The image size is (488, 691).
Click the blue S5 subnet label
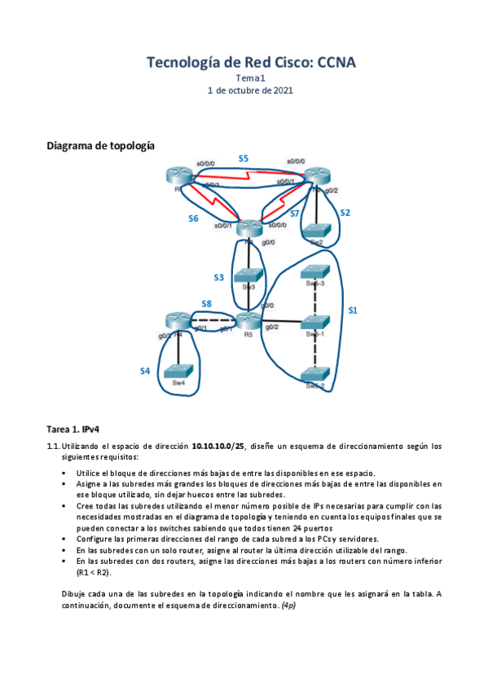[x=243, y=158]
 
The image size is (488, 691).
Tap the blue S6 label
[x=193, y=218]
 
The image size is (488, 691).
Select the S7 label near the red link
[x=295, y=213]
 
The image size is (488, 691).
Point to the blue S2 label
[x=345, y=213]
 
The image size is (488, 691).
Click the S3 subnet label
[x=219, y=278]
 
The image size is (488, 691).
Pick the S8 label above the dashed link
[x=207, y=304]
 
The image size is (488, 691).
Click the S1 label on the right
[x=353, y=310]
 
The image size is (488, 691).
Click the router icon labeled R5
[x=248, y=320]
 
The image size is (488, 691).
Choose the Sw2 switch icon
[x=317, y=231]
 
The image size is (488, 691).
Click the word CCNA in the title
[x=336, y=63]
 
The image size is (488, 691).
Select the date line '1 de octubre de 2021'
[x=251, y=90]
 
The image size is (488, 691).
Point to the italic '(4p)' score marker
[x=290, y=605]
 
